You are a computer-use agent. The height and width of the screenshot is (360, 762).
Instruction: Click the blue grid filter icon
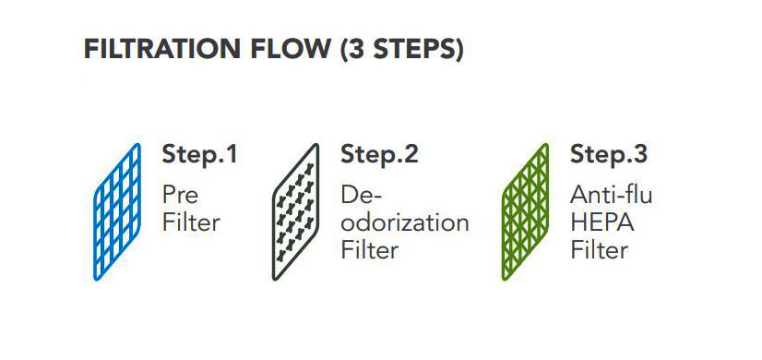coord(117,211)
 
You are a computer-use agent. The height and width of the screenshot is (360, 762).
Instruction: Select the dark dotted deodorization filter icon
coord(295,211)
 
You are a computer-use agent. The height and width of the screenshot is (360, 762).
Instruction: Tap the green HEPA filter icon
coord(525,211)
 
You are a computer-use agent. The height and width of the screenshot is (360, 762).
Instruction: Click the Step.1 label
coord(200,155)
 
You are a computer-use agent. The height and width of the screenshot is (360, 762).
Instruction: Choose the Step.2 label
coord(379,155)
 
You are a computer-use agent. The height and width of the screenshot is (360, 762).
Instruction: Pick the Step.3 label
coord(609,155)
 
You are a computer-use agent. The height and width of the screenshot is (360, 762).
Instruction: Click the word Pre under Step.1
coord(180,195)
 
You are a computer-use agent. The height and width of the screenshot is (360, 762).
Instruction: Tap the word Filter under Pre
coord(192,222)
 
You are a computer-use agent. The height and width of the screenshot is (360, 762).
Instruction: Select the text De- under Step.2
coord(362,195)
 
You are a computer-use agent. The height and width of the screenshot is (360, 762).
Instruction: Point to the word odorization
coord(405,222)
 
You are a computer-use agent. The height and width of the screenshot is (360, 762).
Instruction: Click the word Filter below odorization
coord(370,251)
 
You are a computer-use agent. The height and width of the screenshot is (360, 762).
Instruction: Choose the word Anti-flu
coord(612,195)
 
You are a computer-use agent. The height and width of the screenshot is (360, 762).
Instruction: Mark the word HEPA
coord(602,222)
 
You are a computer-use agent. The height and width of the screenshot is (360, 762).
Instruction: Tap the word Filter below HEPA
coord(600,251)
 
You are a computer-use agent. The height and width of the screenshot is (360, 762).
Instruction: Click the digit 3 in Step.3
coord(639,155)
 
